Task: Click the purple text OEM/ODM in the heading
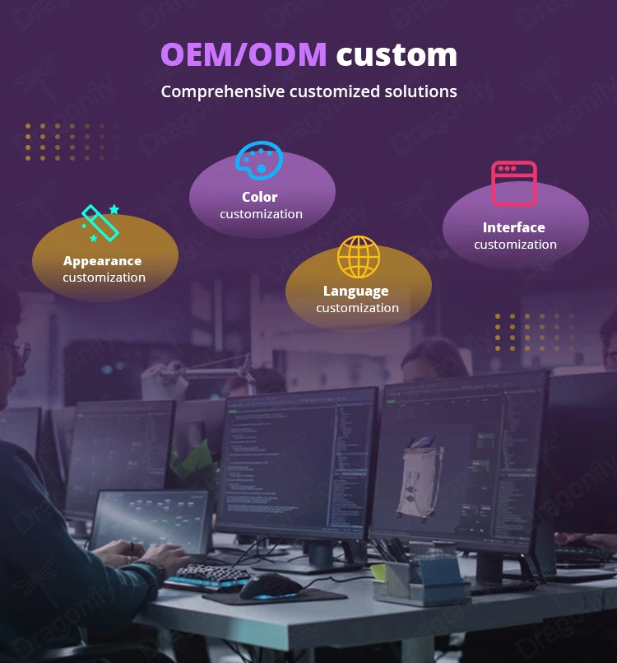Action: point(244,54)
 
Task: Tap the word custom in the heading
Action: point(397,54)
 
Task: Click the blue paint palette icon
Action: point(259,160)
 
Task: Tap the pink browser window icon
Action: point(514,183)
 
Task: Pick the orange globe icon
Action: point(359,257)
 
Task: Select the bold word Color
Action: point(260,197)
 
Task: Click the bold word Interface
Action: point(514,227)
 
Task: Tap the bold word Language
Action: point(356,291)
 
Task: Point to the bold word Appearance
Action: point(103,261)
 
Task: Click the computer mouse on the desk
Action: point(270,586)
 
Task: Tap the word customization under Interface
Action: point(516,245)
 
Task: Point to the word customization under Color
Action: point(262,214)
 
